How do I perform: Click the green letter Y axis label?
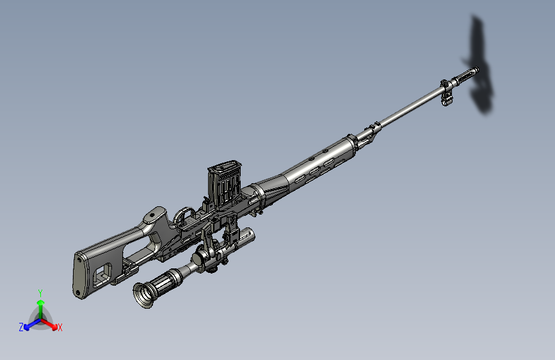(x=40, y=293)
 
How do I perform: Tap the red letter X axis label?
(x=60, y=327)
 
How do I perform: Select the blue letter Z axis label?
(x=21, y=327)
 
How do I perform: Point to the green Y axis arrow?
(x=41, y=309)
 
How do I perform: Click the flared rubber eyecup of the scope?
(x=143, y=295)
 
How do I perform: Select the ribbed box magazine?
(x=225, y=184)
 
